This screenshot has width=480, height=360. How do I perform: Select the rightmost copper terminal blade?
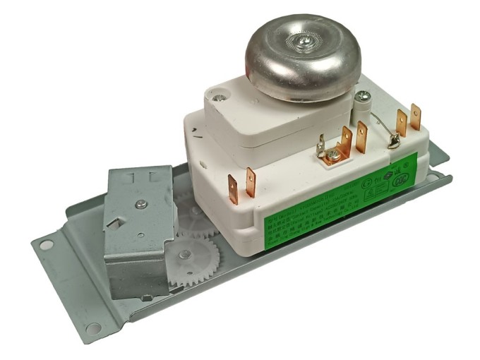pyautogui.click(x=415, y=115)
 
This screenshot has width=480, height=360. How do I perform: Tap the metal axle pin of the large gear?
pyautogui.click(x=184, y=255)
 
